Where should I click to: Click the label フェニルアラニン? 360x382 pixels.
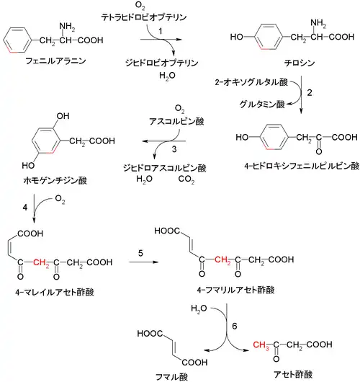[x=55, y=61]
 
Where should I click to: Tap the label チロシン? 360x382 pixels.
[x=300, y=63]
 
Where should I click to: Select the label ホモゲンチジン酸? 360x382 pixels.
[x=55, y=180]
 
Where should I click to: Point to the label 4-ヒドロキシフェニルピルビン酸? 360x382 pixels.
[x=302, y=166]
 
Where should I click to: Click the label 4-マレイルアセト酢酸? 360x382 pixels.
[x=55, y=292]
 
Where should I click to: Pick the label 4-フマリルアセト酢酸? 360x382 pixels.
[x=236, y=290]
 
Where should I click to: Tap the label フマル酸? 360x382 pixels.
[x=171, y=377]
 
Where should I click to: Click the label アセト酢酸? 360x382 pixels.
[x=293, y=374]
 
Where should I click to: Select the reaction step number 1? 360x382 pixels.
[x=160, y=31]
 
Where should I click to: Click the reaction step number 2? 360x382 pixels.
[x=310, y=92]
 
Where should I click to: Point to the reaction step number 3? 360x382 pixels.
[x=174, y=149]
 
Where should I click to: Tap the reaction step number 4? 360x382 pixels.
[x=24, y=208]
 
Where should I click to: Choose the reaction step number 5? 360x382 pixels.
[x=140, y=254]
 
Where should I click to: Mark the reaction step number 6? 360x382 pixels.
[x=235, y=326]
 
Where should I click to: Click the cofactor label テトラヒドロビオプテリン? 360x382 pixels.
[x=144, y=17]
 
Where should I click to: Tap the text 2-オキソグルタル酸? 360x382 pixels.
[x=251, y=82]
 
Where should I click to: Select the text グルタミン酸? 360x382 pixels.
[x=262, y=105]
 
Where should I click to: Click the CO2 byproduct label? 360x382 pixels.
[x=186, y=179]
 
